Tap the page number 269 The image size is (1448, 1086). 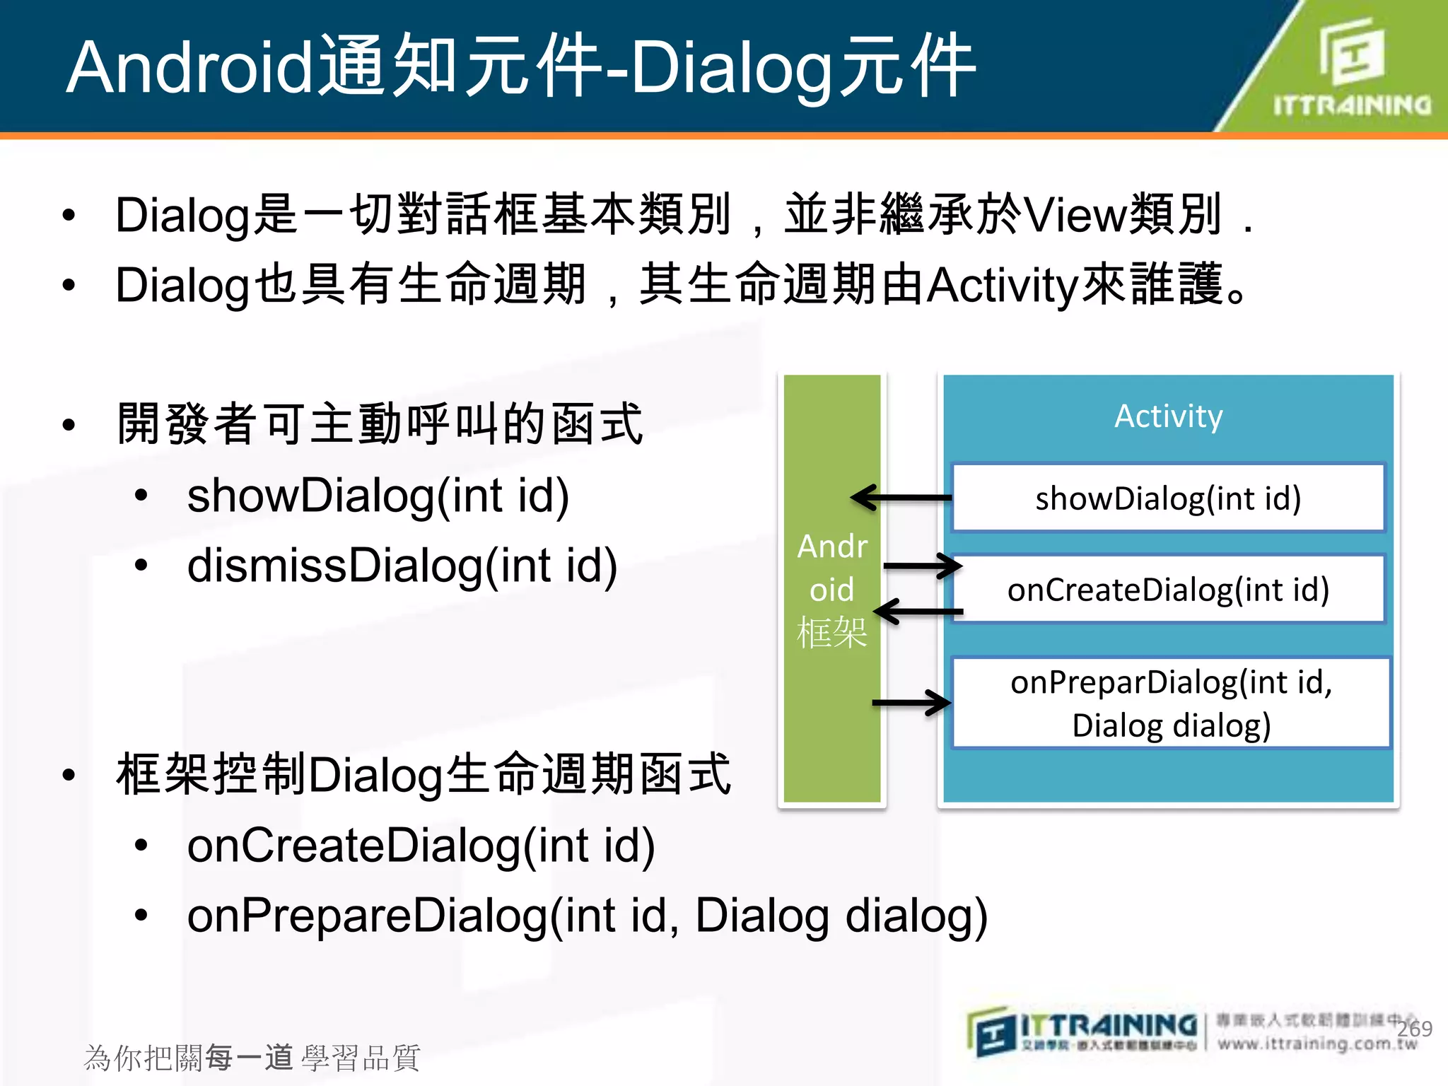tap(1414, 1029)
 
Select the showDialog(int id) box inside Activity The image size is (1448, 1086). tap(1168, 498)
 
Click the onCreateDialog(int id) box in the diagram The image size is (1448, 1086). tap(1168, 589)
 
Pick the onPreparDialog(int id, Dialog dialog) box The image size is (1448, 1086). tap(1171, 703)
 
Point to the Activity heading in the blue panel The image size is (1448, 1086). tap(1168, 416)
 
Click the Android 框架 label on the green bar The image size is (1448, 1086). tap(832, 589)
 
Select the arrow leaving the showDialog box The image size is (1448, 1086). tap(901, 498)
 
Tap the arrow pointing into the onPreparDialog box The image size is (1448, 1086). tap(912, 703)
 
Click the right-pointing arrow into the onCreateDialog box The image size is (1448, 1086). tap(923, 566)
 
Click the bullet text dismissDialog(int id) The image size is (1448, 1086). tap(402, 566)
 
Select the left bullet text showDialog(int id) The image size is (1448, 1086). tap(378, 496)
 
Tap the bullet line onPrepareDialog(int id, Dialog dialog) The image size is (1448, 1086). tap(587, 916)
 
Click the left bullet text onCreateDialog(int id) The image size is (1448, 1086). tap(421, 846)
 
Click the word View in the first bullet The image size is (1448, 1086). tap(1075, 215)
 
